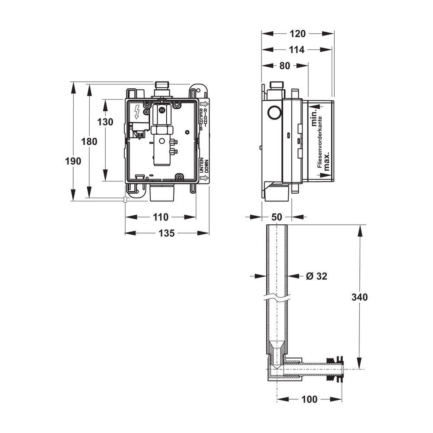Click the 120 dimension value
tap(297, 34)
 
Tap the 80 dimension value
tap(285, 66)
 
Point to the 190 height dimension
tap(73, 161)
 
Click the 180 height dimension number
tap(89, 142)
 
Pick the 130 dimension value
tap(105, 122)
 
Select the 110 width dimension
tap(161, 217)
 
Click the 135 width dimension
tap(167, 233)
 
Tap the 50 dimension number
tap(276, 217)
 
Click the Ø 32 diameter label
tap(317, 276)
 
